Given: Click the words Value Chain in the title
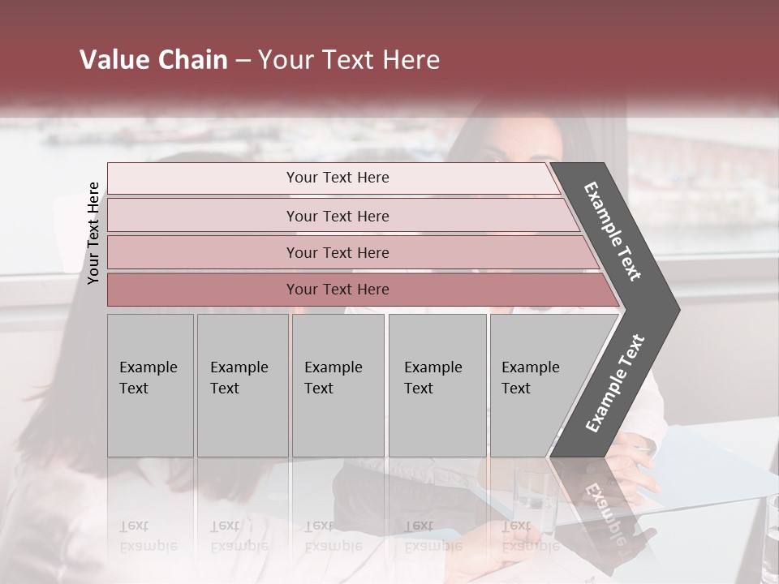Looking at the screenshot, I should point(153,60).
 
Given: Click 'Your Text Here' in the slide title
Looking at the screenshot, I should point(349,60).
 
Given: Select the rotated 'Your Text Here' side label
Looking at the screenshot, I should point(94,233).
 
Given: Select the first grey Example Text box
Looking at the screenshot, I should point(150,385).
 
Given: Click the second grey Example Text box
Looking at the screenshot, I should point(242,385).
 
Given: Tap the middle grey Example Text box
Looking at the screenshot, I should point(338,385).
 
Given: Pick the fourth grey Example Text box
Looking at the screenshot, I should point(437,385).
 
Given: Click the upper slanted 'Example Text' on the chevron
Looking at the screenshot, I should point(613,231).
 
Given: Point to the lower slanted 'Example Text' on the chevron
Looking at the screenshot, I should point(615,383).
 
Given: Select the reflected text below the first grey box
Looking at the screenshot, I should point(148,535).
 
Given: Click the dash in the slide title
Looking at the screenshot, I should point(242,61).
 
